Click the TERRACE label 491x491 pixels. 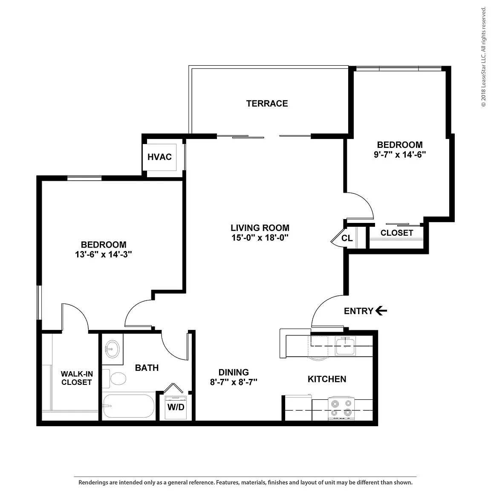(267, 104)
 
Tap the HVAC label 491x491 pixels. (160, 157)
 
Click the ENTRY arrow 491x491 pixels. (381, 311)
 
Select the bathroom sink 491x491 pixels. (112, 349)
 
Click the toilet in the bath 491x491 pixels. (115, 378)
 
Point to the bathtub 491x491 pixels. (128, 406)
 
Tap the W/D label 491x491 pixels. (176, 407)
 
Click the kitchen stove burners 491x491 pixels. (341, 408)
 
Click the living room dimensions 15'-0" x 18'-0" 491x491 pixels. (260, 238)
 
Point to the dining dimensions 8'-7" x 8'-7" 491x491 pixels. (234, 382)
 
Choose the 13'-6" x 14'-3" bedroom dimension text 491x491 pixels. (103, 254)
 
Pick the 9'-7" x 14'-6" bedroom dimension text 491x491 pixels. (400, 155)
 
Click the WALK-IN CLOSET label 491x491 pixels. (77, 378)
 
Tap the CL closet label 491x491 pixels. (347, 238)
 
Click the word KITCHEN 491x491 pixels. (327, 379)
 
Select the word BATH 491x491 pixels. (147, 368)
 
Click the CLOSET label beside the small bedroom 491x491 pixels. (397, 233)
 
